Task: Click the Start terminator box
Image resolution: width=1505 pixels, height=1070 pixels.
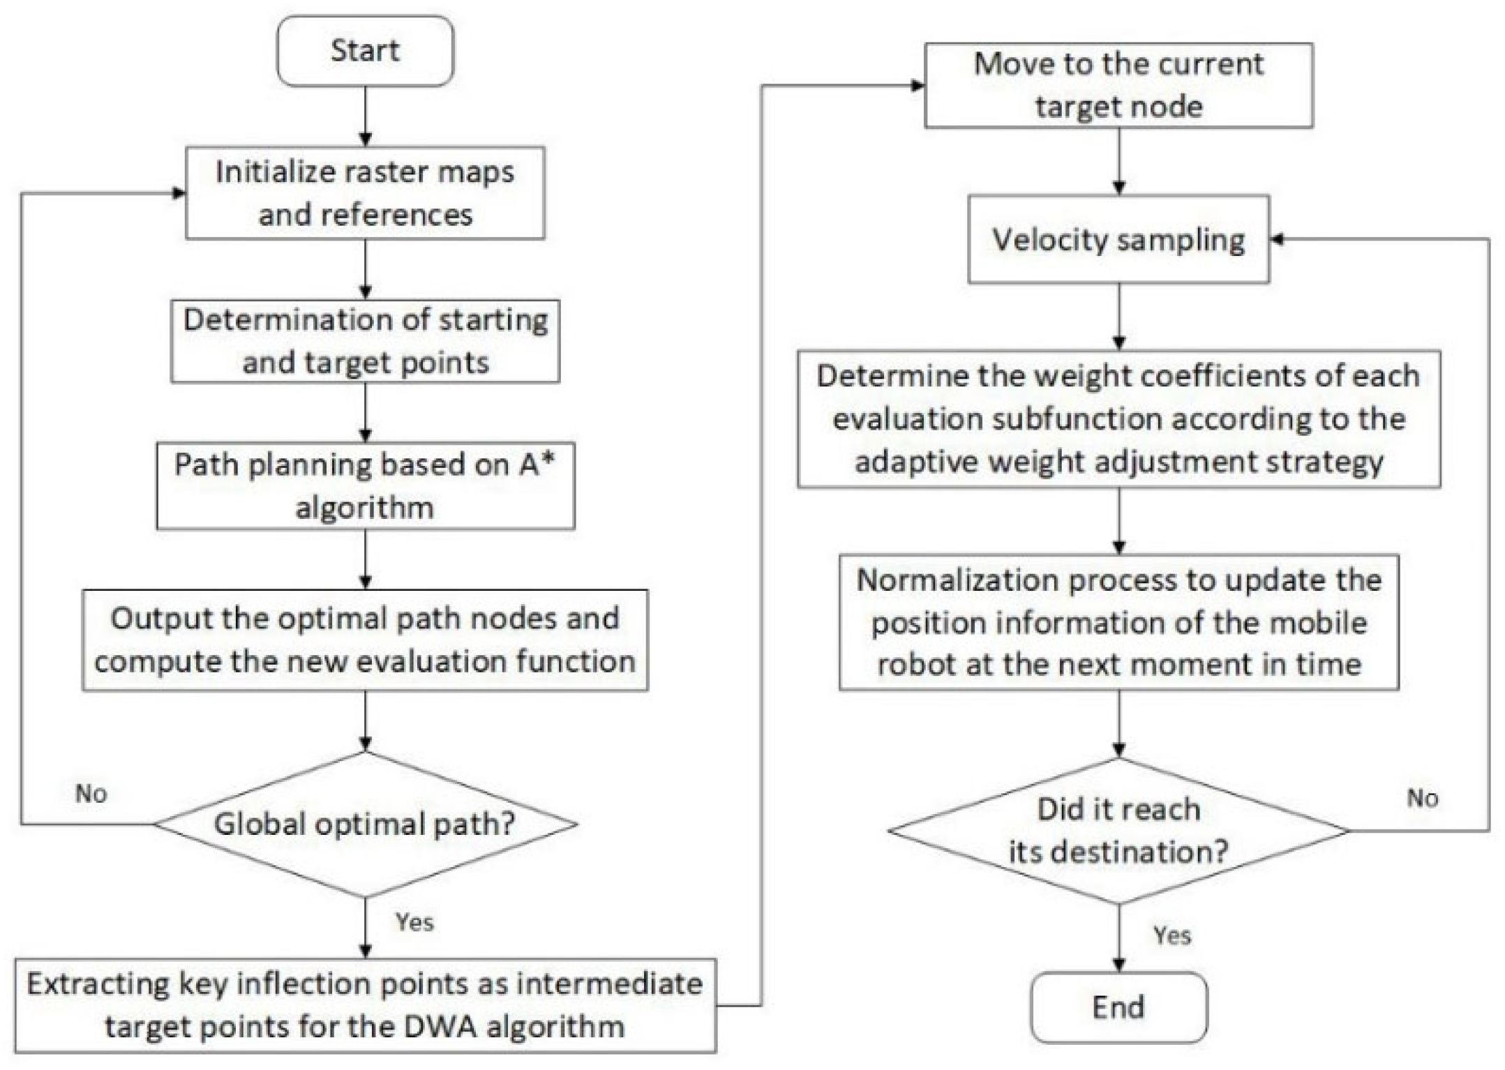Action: pos(365,51)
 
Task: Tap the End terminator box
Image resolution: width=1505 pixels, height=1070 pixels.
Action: pos(1118,1007)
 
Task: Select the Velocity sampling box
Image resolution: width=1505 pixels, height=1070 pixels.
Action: pos(1118,239)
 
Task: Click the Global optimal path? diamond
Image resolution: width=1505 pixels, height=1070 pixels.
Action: pos(365,824)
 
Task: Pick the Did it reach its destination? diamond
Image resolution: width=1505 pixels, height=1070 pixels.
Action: pos(1118,830)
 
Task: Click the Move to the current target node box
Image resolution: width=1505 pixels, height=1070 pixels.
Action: pos(1118,85)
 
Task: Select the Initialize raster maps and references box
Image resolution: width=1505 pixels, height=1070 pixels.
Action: pos(365,193)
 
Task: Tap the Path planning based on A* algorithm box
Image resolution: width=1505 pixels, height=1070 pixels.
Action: pos(365,485)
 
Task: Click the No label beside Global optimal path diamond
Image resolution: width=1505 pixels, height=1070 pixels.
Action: pos(91,793)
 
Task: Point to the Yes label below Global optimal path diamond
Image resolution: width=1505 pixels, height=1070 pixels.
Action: pos(414,921)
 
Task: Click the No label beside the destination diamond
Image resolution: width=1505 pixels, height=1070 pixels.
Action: pos(1422,797)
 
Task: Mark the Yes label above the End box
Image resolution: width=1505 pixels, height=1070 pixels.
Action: pos(1171,935)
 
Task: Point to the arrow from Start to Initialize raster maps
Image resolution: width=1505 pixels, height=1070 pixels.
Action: pos(365,116)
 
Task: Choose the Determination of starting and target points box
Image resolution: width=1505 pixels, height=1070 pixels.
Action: pos(365,341)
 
